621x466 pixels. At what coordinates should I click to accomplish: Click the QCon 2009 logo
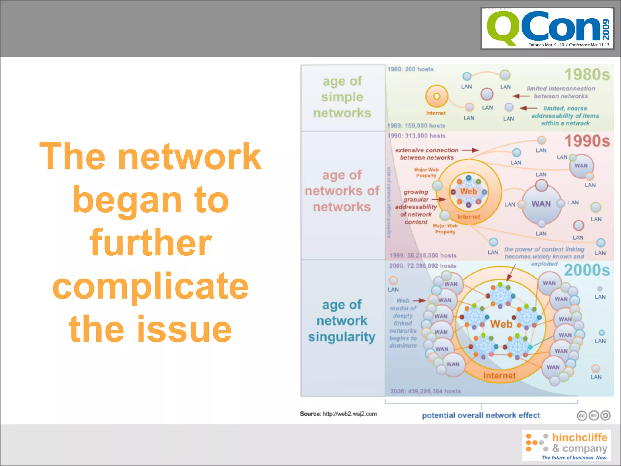pos(547,29)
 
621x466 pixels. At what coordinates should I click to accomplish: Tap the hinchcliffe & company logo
pos(566,445)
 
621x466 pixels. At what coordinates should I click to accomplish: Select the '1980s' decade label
pos(587,75)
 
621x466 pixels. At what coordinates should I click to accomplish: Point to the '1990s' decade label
pos(587,141)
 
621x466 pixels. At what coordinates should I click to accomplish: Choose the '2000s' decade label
pos(587,270)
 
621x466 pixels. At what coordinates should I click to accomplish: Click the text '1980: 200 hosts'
pos(410,69)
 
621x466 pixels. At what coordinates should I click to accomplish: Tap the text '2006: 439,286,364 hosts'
pos(425,391)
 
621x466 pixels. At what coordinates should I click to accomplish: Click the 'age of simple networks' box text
pos(342,97)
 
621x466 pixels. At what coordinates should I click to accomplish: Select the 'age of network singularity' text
pos(342,321)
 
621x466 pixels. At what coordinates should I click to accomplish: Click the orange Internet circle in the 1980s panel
pos(437,96)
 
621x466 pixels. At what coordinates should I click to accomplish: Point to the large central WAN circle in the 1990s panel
pos(541,204)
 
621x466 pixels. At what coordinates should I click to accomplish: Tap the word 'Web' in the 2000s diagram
pos(501,324)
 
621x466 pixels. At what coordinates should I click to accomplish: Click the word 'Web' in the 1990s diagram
pos(468,192)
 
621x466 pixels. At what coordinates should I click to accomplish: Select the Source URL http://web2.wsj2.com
pos(350,414)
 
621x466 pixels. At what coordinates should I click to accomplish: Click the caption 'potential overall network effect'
pos(481,415)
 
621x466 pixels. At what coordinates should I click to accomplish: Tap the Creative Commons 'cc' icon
pos(582,416)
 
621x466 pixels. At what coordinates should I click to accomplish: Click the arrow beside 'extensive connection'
pos(470,150)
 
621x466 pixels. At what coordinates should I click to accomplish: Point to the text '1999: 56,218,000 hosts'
pos(423,255)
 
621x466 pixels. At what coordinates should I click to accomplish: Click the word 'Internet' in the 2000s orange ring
pos(499,376)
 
